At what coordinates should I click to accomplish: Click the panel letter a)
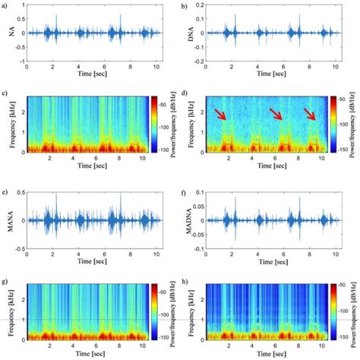pos(6,5)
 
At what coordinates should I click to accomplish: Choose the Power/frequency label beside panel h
pos(355,311)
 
